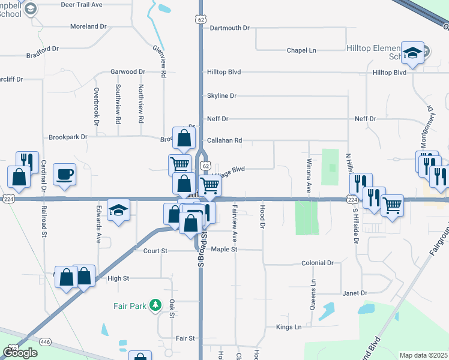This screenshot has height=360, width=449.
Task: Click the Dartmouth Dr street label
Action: coord(229,28)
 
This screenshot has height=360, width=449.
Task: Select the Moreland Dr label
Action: coord(88,27)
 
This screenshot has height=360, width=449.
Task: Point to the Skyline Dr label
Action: coord(221,96)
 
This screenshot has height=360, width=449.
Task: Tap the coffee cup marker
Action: coord(64,175)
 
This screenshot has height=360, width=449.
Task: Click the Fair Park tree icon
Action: coord(155,305)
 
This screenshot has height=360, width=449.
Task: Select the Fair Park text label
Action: coord(130,306)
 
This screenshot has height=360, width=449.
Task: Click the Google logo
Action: coord(20,353)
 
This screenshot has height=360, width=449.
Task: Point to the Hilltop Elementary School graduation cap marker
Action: coord(412,53)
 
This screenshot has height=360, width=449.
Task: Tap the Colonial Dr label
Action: coord(317,263)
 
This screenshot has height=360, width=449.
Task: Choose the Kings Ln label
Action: coord(289,327)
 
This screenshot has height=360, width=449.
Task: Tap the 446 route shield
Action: coord(46,341)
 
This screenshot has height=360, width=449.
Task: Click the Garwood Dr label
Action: coord(128,72)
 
